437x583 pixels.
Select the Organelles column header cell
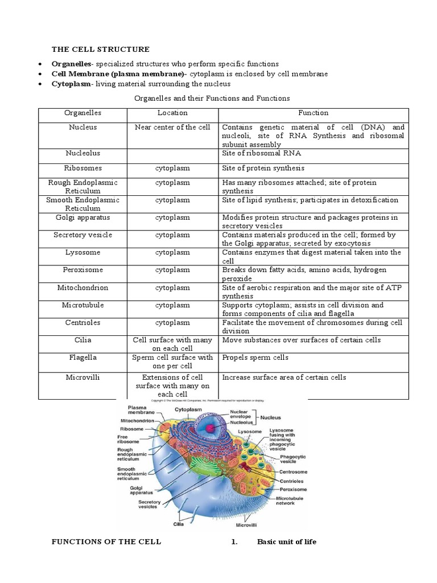(83, 113)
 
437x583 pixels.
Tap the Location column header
(172, 113)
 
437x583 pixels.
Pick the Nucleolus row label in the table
(83, 154)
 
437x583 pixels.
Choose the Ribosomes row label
(83, 169)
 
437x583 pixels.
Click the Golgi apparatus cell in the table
(83, 218)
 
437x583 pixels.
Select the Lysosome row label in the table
(83, 252)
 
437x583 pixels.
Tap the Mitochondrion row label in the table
(83, 288)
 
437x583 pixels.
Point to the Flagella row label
(83, 358)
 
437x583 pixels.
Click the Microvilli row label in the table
(83, 377)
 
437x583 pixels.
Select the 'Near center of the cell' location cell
(172, 128)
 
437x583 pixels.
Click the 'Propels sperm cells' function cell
(255, 358)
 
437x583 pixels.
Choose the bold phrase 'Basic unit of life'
(286, 541)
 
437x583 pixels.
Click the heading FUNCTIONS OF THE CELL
(106, 541)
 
